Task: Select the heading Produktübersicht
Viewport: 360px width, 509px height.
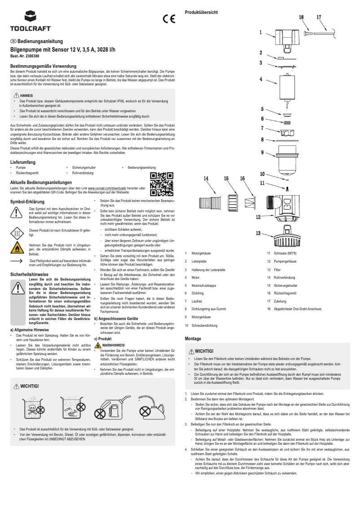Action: [x=202, y=12]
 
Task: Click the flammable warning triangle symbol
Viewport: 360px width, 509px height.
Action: [x=17, y=248]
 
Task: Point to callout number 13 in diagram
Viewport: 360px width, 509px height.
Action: [x=259, y=233]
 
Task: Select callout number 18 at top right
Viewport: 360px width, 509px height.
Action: [x=301, y=17]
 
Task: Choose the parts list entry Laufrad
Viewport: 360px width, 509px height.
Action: [x=197, y=301]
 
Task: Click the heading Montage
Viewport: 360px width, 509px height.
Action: [x=193, y=338]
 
